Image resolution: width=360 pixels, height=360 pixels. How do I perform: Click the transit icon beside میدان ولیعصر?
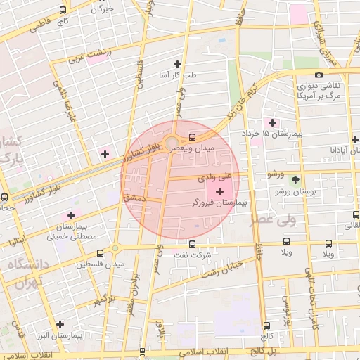(x=193, y=137)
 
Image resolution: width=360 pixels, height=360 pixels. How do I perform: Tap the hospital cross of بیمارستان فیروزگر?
(x=220, y=191)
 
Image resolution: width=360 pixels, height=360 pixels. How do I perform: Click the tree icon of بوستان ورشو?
(x=295, y=179)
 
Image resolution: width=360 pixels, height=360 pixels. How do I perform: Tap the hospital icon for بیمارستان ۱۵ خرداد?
(x=273, y=122)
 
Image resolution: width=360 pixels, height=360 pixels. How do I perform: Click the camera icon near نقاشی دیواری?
(x=319, y=75)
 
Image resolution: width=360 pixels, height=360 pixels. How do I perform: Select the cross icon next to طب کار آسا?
(x=186, y=64)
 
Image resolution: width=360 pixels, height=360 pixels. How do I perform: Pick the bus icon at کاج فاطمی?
(x=64, y=11)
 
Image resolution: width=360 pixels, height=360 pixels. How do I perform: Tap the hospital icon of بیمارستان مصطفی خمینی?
(x=70, y=215)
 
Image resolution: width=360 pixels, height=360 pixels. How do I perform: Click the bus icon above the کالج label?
(x=266, y=325)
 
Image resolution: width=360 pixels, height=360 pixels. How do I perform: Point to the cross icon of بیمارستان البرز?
(x=60, y=324)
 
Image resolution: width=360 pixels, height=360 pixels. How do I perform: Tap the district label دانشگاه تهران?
(x=26, y=273)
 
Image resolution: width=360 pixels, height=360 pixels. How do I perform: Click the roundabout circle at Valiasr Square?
(x=172, y=144)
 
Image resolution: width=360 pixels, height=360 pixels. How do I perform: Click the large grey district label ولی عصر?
(x=277, y=220)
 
